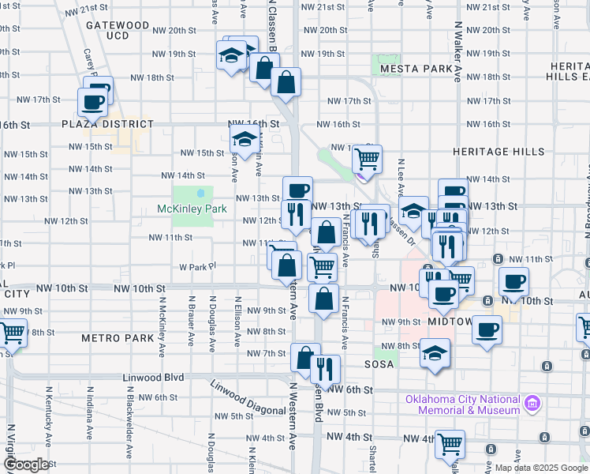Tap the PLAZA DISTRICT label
point(108,124)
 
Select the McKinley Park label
point(192,209)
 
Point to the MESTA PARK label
point(415,70)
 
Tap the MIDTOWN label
point(450,322)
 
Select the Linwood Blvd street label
point(153,378)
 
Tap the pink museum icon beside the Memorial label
point(533,404)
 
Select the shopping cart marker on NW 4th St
point(450,443)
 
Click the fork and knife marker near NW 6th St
point(324,368)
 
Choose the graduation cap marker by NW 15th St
point(245,141)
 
